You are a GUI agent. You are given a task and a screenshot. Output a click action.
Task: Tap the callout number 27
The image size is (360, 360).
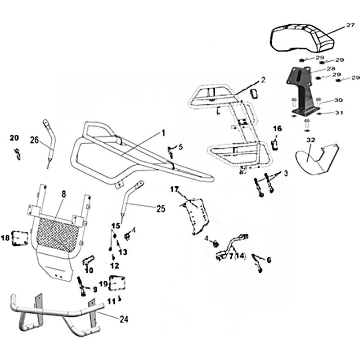click(x=350, y=26)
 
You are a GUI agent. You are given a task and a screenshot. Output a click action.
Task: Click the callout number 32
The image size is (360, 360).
click(x=310, y=140)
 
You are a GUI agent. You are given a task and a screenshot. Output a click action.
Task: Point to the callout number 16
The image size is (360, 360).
click(x=277, y=129)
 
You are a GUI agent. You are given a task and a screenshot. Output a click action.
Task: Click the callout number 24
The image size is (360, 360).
click(x=124, y=319)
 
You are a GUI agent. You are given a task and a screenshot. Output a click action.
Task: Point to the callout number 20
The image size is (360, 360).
click(x=14, y=137)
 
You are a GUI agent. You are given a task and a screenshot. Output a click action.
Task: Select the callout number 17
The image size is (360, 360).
click(x=175, y=189)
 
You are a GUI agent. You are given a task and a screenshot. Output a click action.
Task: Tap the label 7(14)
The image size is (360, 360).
click(x=236, y=256)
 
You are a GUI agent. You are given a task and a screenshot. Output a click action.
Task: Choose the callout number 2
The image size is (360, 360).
click(x=263, y=80)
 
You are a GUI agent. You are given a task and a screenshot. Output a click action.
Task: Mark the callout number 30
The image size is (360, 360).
click(x=338, y=101)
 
